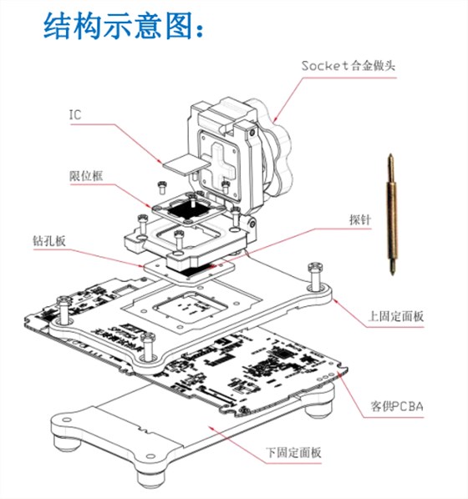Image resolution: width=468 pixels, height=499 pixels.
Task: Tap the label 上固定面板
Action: tap(395, 317)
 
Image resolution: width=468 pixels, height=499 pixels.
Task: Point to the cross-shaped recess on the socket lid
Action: tap(220, 158)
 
